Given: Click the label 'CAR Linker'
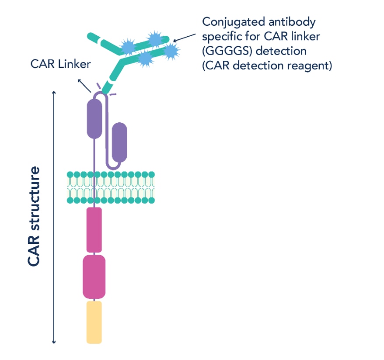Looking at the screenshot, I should coord(60,64).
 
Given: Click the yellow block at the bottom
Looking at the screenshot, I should coord(94,322).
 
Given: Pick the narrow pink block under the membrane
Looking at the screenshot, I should coord(94,230).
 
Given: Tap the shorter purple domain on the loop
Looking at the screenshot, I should coord(119,142).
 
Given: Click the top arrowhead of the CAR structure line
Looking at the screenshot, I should coord(54,93).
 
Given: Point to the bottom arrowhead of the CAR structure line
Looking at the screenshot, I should coord(54,341).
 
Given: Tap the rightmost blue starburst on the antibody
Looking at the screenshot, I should coord(171,52).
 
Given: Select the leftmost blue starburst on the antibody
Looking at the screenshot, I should coord(128,46).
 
